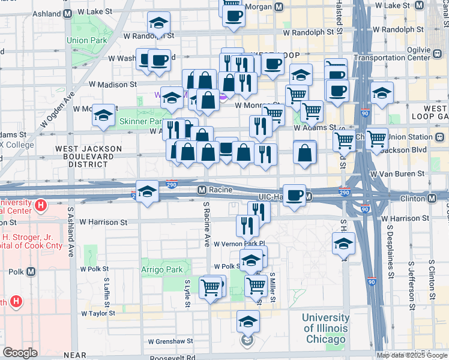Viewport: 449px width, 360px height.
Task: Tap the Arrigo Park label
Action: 162,270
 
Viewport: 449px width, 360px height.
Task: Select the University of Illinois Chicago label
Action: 325,328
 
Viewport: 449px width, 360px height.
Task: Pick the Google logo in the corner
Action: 20,353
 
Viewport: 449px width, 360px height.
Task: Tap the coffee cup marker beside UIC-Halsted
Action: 294,196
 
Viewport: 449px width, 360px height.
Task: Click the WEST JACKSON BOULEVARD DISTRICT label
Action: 88,156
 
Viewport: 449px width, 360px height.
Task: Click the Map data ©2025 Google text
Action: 412,355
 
